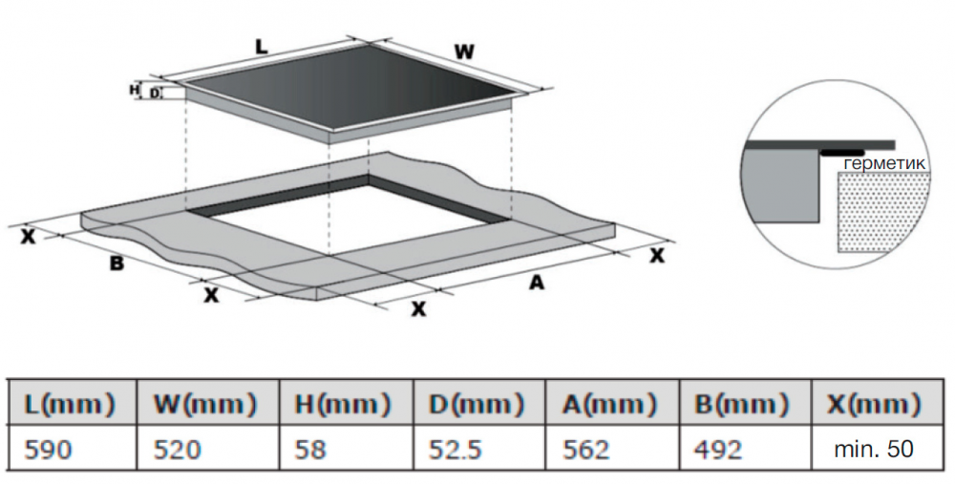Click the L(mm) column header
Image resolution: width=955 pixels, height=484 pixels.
tap(69, 404)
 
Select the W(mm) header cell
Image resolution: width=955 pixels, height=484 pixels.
tap(205, 404)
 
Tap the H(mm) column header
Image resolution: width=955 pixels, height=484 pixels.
tap(342, 404)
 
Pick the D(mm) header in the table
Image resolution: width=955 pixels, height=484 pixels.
tap(477, 404)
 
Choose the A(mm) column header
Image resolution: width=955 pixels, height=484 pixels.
tap(609, 404)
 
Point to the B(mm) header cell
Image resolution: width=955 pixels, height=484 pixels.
tap(742, 404)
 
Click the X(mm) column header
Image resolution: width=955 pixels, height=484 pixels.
tap(874, 404)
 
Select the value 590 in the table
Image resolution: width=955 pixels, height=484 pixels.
tap(48, 450)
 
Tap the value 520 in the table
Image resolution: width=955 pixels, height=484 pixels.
tap(178, 450)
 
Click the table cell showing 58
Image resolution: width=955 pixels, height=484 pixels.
tap(310, 450)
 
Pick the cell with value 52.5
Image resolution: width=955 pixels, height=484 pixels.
tap(455, 450)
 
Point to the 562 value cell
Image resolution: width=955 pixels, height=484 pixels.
tap(586, 450)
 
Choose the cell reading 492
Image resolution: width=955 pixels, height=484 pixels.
tap(719, 450)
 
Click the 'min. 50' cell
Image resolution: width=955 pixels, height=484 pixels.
tap(874, 450)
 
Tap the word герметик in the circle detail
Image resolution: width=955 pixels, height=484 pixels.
tap(885, 163)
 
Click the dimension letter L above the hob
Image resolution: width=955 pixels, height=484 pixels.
tap(262, 46)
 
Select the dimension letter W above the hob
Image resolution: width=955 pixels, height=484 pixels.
tap(464, 53)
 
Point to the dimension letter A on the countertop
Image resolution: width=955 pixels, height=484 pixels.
tap(536, 282)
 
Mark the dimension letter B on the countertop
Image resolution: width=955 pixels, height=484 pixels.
tap(117, 263)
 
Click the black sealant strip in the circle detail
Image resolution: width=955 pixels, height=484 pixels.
tap(842, 152)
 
